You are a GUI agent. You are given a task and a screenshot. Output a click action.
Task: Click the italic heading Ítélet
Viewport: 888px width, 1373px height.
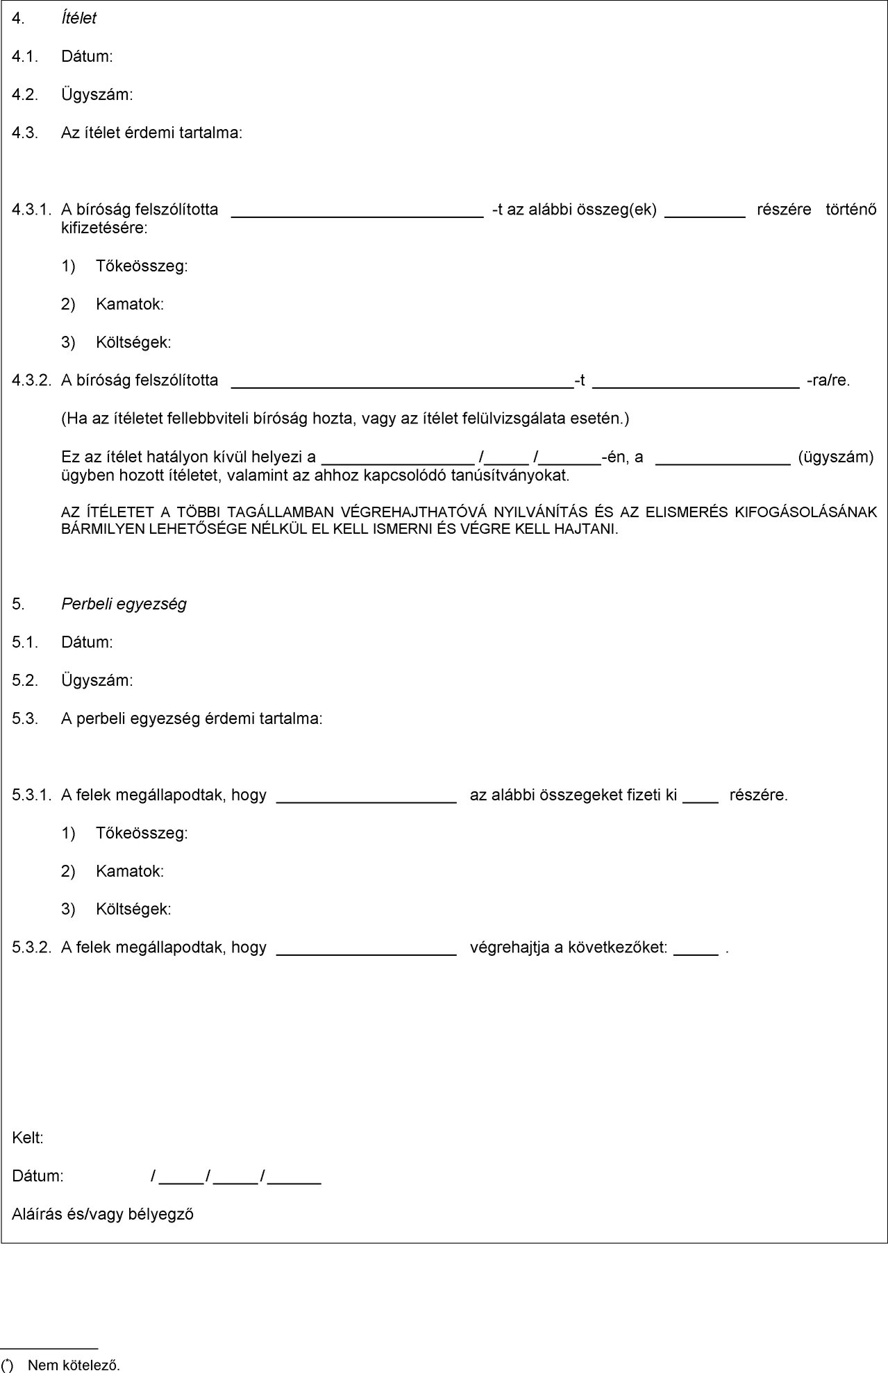[78, 19]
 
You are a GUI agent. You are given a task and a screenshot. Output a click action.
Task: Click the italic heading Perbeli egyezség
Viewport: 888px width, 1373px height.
[124, 604]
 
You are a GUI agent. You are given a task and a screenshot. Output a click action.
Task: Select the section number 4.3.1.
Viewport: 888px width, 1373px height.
[31, 209]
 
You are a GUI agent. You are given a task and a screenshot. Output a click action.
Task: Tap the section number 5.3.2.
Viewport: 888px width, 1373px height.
[31, 947]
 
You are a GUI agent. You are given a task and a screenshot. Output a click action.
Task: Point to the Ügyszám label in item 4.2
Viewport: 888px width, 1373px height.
[97, 94]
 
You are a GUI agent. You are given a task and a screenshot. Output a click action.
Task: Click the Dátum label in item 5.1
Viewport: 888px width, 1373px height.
[87, 642]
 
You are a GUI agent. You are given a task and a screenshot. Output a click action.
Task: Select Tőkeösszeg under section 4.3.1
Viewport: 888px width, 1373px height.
[142, 266]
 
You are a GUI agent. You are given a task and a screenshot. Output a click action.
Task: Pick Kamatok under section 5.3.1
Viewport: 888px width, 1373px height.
[130, 871]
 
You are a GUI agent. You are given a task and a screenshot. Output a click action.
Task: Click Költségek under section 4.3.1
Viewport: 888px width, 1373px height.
[133, 342]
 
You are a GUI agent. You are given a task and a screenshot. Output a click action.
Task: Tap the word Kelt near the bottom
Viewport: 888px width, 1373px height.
[28, 1138]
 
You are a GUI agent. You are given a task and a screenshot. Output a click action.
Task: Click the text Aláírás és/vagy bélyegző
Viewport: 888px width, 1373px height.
[103, 1214]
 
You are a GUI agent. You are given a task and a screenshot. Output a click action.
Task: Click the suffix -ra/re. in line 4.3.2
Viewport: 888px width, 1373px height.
[828, 380]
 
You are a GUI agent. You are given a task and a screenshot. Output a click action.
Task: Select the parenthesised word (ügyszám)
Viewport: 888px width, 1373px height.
[836, 457]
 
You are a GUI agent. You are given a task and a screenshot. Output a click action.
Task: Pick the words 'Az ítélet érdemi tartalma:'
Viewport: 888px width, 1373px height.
[151, 133]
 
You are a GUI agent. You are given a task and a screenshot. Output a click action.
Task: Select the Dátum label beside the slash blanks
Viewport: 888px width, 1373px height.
[37, 1177]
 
